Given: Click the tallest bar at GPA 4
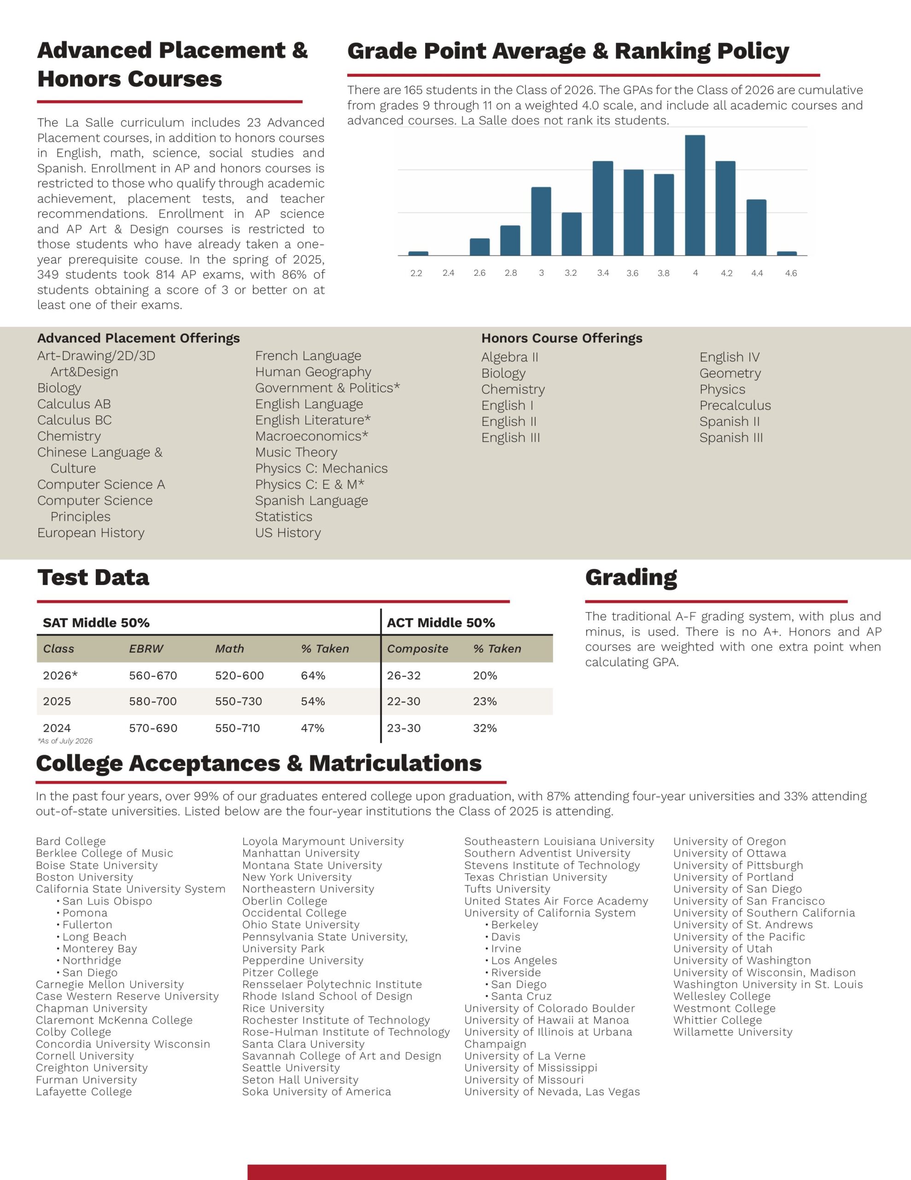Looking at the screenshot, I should click(695, 195).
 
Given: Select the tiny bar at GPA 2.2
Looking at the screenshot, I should click(418, 254).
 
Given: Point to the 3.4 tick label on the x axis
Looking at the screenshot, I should click(603, 273).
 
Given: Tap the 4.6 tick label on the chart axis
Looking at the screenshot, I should click(791, 273).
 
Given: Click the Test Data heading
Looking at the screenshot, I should click(93, 578).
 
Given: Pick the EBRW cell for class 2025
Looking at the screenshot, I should click(153, 701).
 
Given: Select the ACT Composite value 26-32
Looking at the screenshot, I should click(403, 675).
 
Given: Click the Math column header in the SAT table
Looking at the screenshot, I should click(229, 649).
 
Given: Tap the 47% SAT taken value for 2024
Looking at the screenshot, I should click(313, 728).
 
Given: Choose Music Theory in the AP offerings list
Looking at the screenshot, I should click(296, 452).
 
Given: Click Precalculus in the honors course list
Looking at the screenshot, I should click(735, 405).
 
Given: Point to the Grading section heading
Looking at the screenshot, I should click(631, 578).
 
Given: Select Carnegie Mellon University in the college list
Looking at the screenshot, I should click(110, 985).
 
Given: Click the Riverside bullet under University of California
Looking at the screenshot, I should click(516, 973).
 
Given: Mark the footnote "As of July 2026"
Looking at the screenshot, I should click(65, 741).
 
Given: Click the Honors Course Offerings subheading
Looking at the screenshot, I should click(561, 338).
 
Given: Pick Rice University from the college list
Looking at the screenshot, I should click(283, 1008).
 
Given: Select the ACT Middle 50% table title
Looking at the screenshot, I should click(441, 623).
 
